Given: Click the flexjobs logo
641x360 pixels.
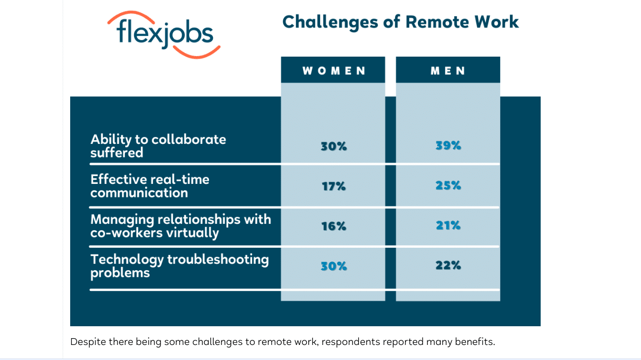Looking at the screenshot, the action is coord(164,35).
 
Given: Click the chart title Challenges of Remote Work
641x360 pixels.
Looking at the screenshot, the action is coord(400,22).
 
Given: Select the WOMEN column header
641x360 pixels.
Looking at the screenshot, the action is coord(333,70).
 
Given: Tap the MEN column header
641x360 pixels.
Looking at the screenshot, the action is coord(448,70).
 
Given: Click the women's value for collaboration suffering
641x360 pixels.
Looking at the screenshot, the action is coord(334,146).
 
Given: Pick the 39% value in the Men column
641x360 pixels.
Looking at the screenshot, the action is coord(448,145).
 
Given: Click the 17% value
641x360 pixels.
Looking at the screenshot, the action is coord(334,186).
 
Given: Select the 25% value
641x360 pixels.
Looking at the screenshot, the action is coord(448,185).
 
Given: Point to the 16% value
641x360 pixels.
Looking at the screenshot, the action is coord(334,226).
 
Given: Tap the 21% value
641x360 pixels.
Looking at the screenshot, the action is coord(448,225).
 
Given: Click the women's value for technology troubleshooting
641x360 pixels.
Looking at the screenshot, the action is coord(334,266).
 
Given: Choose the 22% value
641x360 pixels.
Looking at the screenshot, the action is coord(448,265).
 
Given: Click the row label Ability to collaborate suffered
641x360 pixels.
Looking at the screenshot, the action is coord(158,146).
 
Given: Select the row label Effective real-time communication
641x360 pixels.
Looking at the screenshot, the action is coord(150,186).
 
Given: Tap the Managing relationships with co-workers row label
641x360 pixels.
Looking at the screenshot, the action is coord(180,226).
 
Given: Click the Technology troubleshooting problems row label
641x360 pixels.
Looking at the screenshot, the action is coord(180,266).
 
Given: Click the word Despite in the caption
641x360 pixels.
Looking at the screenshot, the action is coord(88,342).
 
